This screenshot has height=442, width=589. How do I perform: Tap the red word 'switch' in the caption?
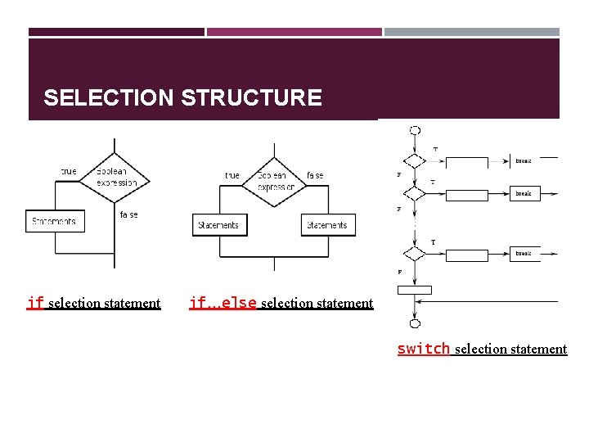[423, 349]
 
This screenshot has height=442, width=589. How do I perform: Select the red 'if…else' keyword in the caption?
[223, 303]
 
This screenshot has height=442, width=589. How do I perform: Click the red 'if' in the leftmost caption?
[35, 303]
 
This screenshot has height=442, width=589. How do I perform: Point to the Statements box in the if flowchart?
[55, 221]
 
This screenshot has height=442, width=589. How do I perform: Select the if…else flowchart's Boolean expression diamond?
[274, 181]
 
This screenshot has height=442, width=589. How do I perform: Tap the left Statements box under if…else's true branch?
[218, 225]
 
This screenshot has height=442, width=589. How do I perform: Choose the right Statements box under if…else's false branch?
[327, 225]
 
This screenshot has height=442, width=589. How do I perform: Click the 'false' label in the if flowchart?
[129, 214]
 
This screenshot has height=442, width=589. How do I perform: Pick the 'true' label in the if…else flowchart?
[232, 175]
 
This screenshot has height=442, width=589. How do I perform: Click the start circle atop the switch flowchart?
[415, 130]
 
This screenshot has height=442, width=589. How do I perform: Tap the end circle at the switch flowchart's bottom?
[415, 323]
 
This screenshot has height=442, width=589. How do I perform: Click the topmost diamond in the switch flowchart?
[415, 161]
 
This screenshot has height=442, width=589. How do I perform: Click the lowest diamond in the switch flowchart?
[415, 255]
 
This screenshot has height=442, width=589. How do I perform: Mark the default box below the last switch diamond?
[415, 290]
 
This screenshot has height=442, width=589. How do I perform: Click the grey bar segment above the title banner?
[472, 32]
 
